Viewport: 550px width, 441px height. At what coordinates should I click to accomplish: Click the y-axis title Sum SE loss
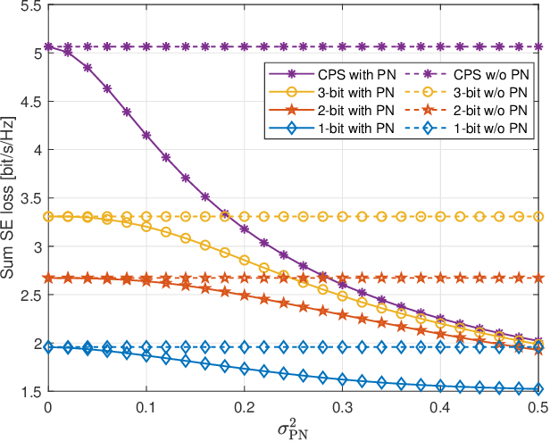10,198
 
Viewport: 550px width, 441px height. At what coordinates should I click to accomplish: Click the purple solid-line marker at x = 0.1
146,135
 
